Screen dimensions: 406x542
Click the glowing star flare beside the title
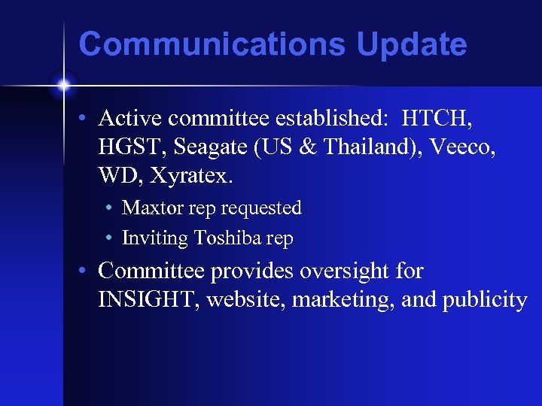click(64, 86)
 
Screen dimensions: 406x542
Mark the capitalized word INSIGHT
click(148, 300)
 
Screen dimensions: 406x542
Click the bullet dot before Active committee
click(87, 119)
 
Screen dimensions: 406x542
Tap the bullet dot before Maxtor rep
click(110, 208)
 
